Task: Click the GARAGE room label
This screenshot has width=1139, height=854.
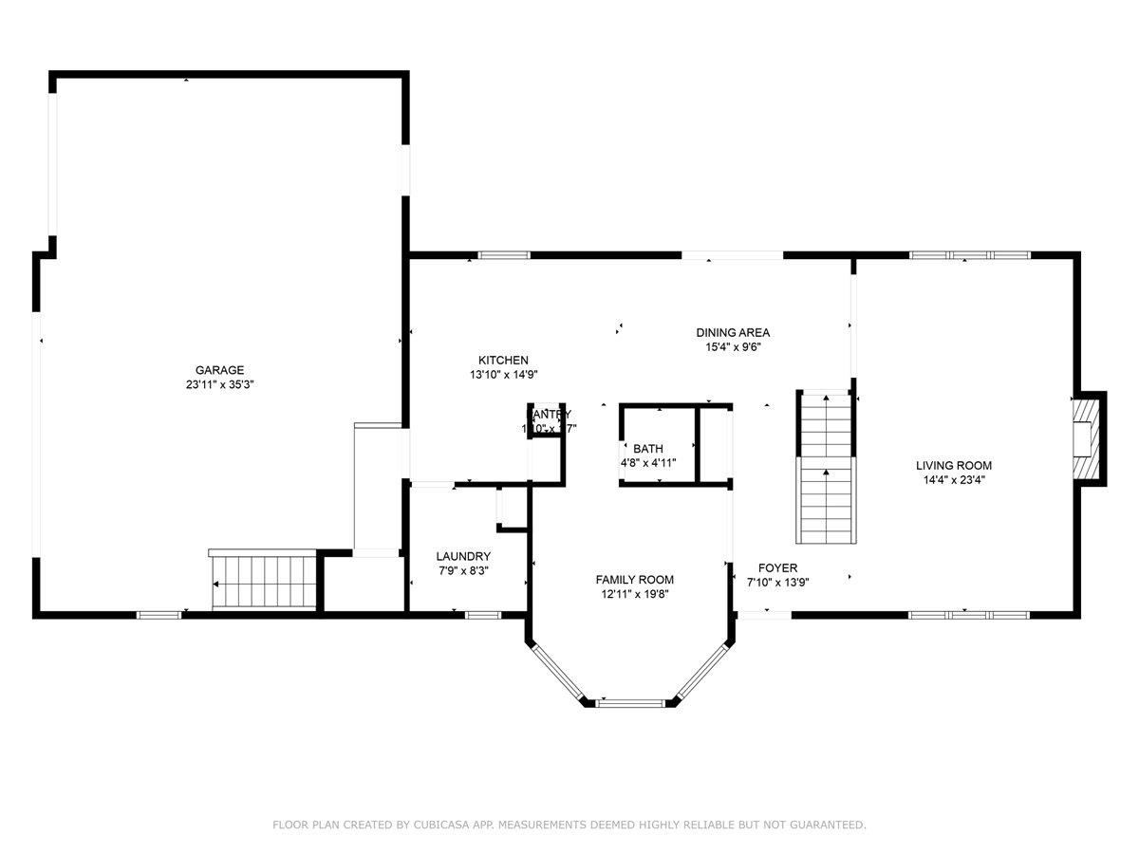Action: [x=219, y=370]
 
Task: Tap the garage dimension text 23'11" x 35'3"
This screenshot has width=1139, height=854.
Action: [x=219, y=385]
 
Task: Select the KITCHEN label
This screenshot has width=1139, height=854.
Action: [x=503, y=360]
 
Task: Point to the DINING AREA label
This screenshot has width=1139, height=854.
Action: [x=733, y=332]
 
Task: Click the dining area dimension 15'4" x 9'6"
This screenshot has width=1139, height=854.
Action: [x=733, y=347]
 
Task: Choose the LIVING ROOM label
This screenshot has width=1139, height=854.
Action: [x=954, y=465]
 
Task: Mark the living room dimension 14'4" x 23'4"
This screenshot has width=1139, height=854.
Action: [x=954, y=480]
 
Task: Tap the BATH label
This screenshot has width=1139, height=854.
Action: [x=649, y=448]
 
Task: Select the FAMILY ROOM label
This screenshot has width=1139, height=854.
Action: [x=635, y=579]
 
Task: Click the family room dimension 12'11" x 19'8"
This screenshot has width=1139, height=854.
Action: [x=635, y=594]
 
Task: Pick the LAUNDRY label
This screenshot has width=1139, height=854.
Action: [x=463, y=556]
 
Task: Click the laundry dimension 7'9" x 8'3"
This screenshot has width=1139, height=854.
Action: [x=463, y=571]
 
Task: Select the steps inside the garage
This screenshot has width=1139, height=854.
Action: [x=263, y=581]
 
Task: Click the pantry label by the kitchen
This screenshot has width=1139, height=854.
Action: [x=549, y=415]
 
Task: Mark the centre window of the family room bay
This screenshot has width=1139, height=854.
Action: [x=629, y=703]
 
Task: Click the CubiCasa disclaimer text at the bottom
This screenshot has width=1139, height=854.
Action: [x=569, y=825]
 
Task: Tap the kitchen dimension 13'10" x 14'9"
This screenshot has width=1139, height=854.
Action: [x=503, y=375]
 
